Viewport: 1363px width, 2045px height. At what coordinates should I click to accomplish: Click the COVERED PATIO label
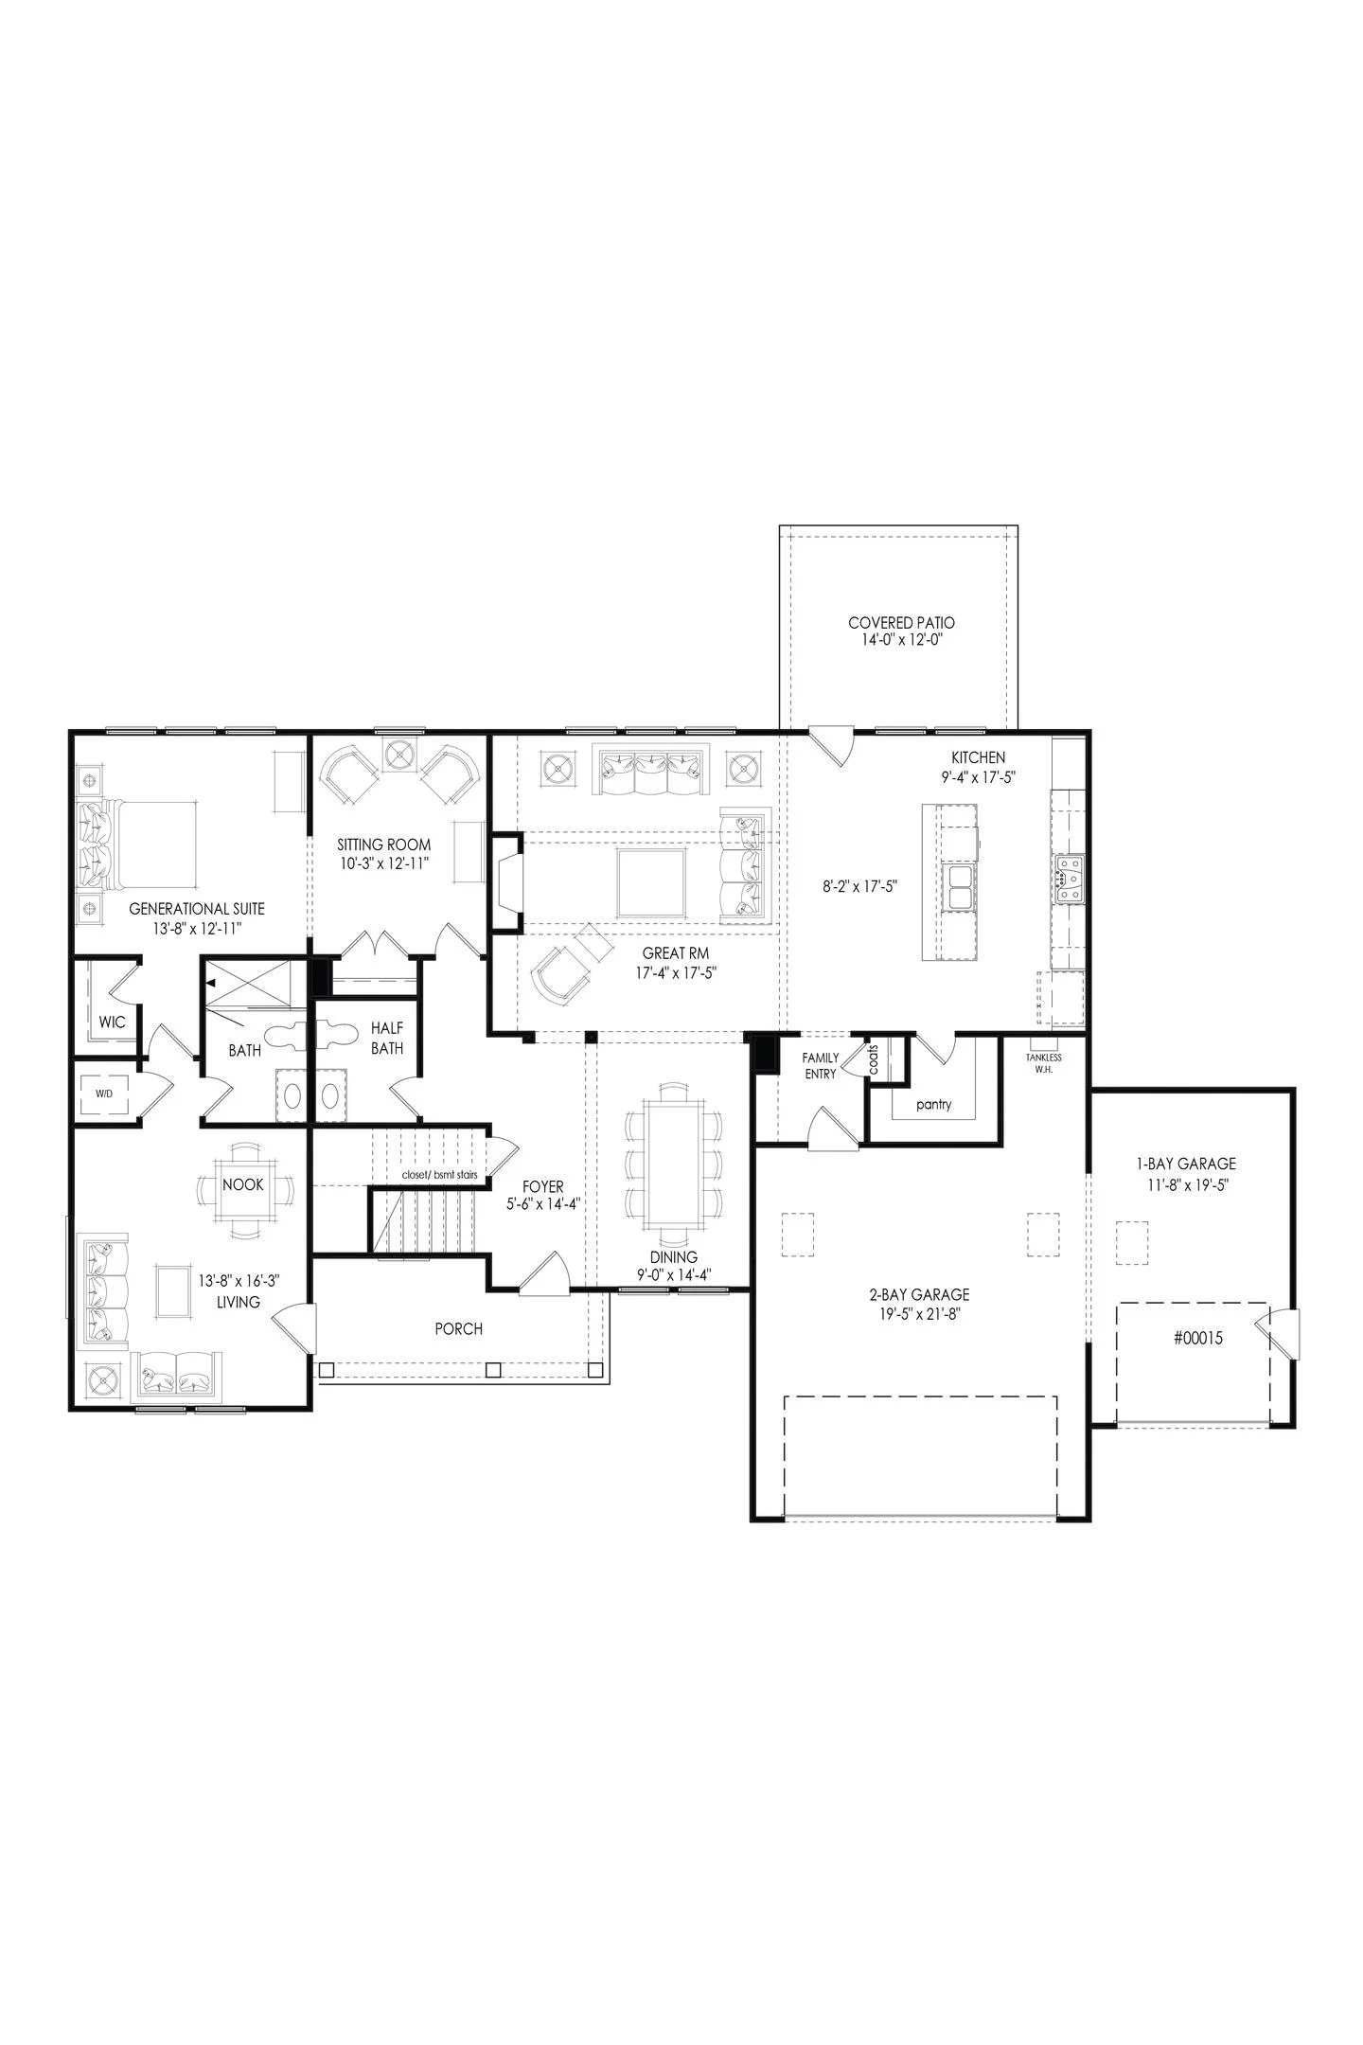901,623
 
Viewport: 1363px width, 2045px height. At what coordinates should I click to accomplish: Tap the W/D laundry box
104,1094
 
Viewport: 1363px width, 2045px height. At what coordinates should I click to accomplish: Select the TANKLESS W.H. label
1044,1062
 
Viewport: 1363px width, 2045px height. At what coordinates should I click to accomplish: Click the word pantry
933,1104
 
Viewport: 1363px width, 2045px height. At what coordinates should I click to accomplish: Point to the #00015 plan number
1198,1338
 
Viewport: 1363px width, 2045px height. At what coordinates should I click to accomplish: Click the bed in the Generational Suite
142,845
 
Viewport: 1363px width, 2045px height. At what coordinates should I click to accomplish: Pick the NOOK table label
243,1184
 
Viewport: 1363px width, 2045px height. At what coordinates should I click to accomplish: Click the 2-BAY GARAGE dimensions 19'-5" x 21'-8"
919,1313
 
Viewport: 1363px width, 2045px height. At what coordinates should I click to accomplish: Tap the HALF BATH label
387,1038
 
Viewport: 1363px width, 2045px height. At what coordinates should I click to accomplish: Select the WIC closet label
112,1022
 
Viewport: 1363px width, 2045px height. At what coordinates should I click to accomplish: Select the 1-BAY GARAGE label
1186,1164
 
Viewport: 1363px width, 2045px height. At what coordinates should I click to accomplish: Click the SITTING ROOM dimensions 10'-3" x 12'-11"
384,863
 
